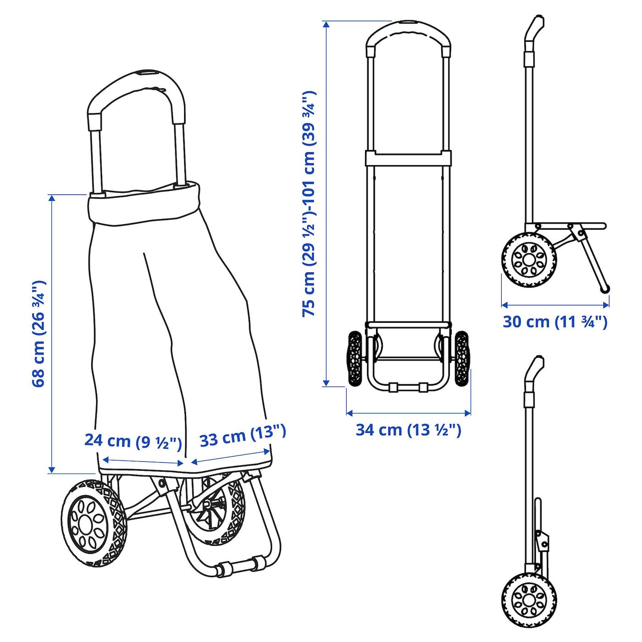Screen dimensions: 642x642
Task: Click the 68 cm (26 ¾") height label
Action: pyautogui.click(x=39, y=334)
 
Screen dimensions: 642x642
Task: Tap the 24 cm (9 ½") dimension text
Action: pyautogui.click(x=133, y=440)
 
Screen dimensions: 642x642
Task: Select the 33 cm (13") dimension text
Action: pyautogui.click(x=243, y=437)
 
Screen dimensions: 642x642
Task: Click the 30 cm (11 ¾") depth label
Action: pyautogui.click(x=555, y=322)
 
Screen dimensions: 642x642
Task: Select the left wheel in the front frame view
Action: pyautogui.click(x=355, y=359)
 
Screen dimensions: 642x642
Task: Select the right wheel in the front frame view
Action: pyautogui.click(x=462, y=359)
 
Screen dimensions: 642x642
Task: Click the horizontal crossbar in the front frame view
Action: pyautogui.click(x=409, y=158)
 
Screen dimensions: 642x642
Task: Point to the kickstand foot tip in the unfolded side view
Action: pyautogui.click(x=605, y=289)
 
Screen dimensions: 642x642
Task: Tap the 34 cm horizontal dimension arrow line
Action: pyautogui.click(x=409, y=413)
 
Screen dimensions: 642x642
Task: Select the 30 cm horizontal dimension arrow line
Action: pyautogui.click(x=555, y=304)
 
